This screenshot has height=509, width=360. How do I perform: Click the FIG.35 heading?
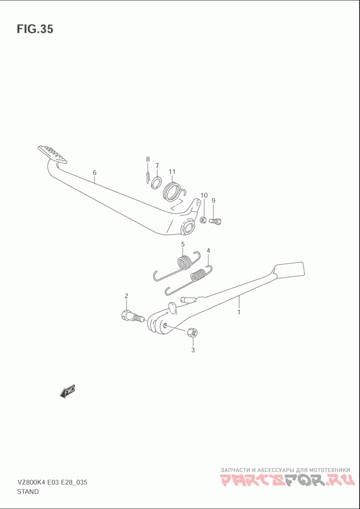(x=35, y=29)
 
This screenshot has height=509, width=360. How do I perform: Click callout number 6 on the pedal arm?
(x=94, y=172)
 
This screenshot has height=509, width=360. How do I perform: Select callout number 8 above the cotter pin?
(x=148, y=159)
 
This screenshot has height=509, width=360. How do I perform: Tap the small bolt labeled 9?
(x=215, y=221)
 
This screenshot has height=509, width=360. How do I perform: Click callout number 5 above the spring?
(x=183, y=244)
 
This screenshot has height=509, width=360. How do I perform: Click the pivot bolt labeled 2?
(x=132, y=316)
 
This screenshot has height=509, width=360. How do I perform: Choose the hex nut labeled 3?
(x=193, y=333)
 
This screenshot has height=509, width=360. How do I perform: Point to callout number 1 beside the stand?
(x=238, y=312)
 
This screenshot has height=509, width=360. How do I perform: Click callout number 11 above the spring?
(x=172, y=171)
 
